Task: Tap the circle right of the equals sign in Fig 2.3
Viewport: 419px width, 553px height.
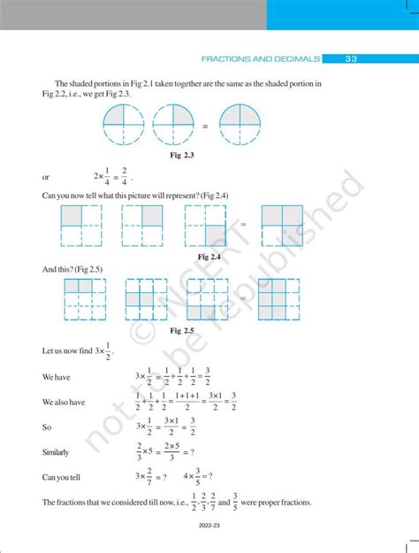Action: [x=240, y=126]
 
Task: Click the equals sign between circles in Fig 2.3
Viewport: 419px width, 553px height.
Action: [x=205, y=127]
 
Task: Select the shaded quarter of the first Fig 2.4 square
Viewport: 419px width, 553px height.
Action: [x=88, y=216]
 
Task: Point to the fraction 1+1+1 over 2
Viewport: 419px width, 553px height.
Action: [x=187, y=403]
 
